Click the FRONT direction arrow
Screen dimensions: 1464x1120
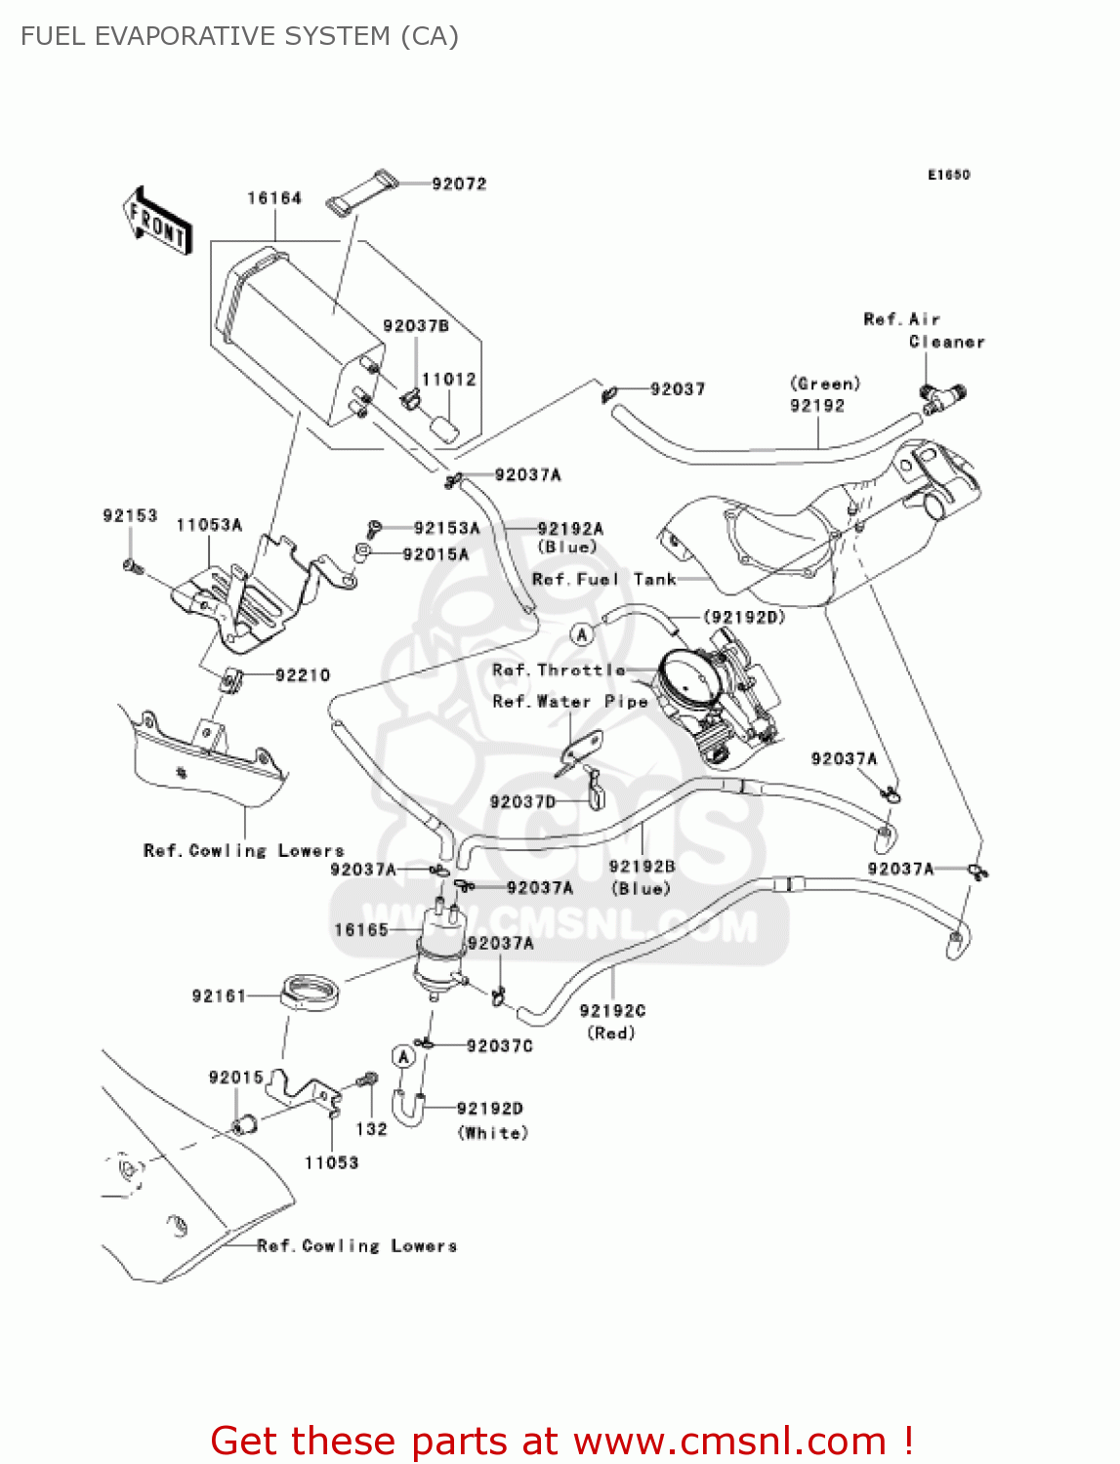157,221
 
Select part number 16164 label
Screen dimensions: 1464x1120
274,198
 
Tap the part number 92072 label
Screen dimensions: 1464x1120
459,183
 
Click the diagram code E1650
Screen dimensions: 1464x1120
948,175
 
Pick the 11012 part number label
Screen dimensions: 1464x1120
448,379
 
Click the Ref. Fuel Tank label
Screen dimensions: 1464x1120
603,580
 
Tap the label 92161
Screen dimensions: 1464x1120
219,996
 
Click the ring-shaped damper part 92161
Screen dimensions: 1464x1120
310,993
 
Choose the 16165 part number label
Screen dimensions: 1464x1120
361,930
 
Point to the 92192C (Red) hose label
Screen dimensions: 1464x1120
612,1021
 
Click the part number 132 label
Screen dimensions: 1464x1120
371,1128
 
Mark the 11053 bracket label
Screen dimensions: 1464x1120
331,1162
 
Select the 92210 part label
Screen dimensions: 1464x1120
303,675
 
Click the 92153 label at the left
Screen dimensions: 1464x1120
130,515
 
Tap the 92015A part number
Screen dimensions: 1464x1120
436,554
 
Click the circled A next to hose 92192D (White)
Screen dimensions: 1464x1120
403,1057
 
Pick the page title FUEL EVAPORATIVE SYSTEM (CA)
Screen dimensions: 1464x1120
239,36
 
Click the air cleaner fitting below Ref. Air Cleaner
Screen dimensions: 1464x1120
941,396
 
